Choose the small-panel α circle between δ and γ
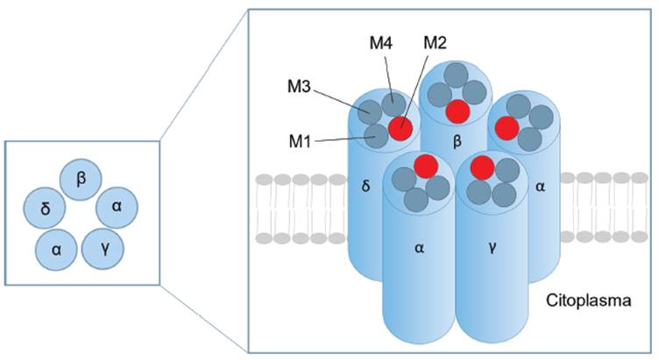pyautogui.click(x=56, y=249)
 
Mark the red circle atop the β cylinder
pyautogui.click(x=456, y=110)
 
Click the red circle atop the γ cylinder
pyautogui.click(x=481, y=166)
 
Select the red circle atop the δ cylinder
pyautogui.click(x=400, y=127)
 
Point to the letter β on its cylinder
pyautogui.click(x=456, y=139)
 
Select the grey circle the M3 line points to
pyautogui.click(x=369, y=113)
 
